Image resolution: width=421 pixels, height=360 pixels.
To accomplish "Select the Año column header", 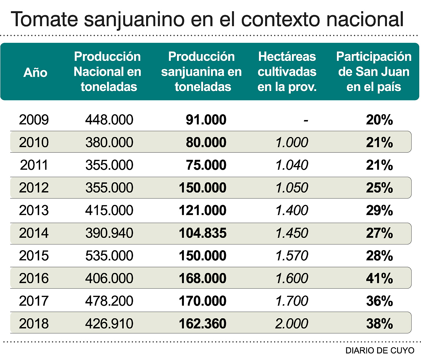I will [36, 73].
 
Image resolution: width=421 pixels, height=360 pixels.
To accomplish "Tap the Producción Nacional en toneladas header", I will [107, 72].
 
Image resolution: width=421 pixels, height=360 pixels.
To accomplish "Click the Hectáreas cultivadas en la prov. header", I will [287, 72].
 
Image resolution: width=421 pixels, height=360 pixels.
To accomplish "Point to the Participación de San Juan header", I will [373, 72].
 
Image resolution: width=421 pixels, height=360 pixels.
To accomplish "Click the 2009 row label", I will [34, 120].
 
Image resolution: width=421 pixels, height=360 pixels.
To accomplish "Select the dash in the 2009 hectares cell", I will [306, 120].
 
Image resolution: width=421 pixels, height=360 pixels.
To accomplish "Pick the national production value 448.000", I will [109, 120].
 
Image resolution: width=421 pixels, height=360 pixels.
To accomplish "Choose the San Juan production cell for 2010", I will [206, 142].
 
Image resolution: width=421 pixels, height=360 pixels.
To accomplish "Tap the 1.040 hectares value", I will [292, 165].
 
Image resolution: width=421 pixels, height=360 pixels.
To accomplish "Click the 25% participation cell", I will [379, 188].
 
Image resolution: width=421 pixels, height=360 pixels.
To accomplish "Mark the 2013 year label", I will [34, 210].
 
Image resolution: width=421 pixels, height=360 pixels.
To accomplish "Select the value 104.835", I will [202, 233].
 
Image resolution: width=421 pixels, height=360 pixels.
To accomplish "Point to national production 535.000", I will [109, 256].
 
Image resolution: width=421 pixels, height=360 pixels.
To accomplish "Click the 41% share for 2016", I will [379, 278].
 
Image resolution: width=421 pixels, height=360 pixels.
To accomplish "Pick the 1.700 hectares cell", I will [292, 301].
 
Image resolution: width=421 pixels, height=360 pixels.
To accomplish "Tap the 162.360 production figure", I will [202, 323].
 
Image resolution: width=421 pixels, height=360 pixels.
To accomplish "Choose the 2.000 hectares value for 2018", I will [292, 323].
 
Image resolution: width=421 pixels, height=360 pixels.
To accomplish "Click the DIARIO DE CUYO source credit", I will [380, 351].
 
